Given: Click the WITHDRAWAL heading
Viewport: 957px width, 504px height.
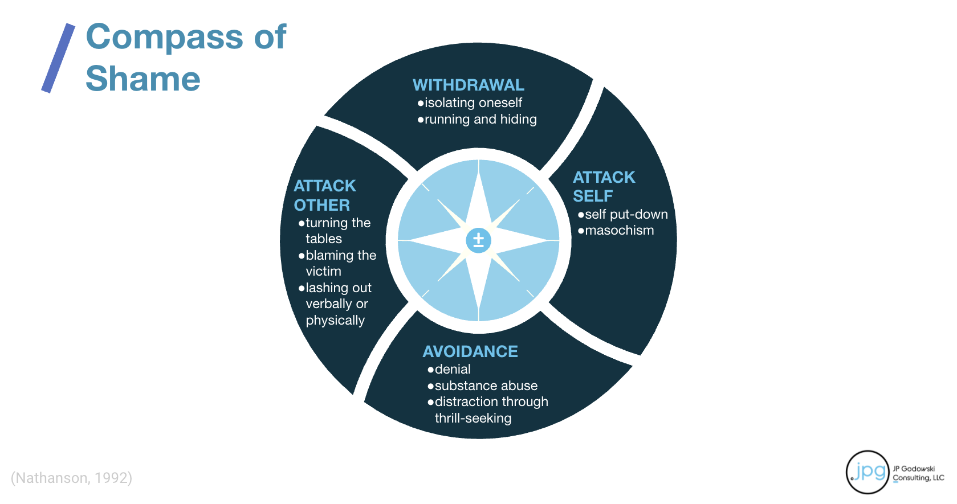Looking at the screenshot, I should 468,85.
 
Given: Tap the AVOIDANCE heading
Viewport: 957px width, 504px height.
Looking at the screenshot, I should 470,351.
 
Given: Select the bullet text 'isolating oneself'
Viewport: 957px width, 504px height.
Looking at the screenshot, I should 473,103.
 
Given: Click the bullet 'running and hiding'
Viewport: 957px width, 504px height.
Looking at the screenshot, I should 480,120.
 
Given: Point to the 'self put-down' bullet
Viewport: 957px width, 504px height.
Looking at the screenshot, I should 626,215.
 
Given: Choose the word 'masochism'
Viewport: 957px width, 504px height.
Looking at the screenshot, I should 619,231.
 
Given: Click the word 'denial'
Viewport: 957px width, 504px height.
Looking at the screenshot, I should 453,370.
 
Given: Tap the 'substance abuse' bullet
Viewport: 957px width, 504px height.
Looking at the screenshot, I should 486,386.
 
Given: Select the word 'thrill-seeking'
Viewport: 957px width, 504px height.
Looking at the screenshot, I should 473,419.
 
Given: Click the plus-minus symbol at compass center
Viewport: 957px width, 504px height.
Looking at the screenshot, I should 478,240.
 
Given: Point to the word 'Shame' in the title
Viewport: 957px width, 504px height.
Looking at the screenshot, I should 143,79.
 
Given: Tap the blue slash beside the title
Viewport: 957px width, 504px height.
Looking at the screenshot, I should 58,58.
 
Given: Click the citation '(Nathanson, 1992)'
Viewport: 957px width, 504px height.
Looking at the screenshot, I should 71,478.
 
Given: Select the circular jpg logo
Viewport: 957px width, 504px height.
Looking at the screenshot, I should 868,472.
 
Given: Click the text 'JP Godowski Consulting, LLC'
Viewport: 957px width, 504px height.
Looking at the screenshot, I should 918,473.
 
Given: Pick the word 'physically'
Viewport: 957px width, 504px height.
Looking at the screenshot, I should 335,321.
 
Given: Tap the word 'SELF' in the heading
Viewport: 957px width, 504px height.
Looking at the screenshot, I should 593,196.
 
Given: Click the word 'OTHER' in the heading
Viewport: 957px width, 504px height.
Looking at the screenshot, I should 322,205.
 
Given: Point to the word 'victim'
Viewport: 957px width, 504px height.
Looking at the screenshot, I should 323,272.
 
